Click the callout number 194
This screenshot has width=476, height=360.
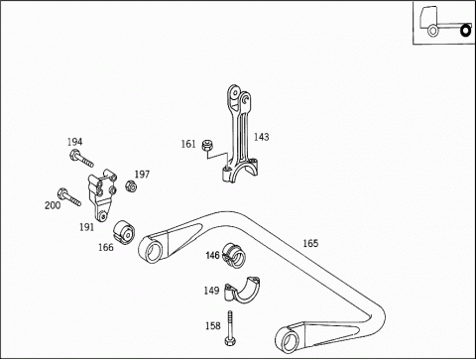[x=74, y=142]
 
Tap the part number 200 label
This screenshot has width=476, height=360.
[x=53, y=205]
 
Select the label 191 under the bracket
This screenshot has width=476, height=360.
[x=86, y=227]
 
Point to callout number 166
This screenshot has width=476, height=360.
[x=106, y=247]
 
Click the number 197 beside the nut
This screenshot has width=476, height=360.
[x=142, y=175]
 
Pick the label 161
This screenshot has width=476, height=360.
[x=188, y=144]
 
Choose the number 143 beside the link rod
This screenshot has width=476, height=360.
[x=262, y=137]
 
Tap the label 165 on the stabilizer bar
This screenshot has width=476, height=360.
[x=310, y=243]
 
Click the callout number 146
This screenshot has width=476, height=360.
[x=212, y=255]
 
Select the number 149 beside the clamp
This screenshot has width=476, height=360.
[x=211, y=291]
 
